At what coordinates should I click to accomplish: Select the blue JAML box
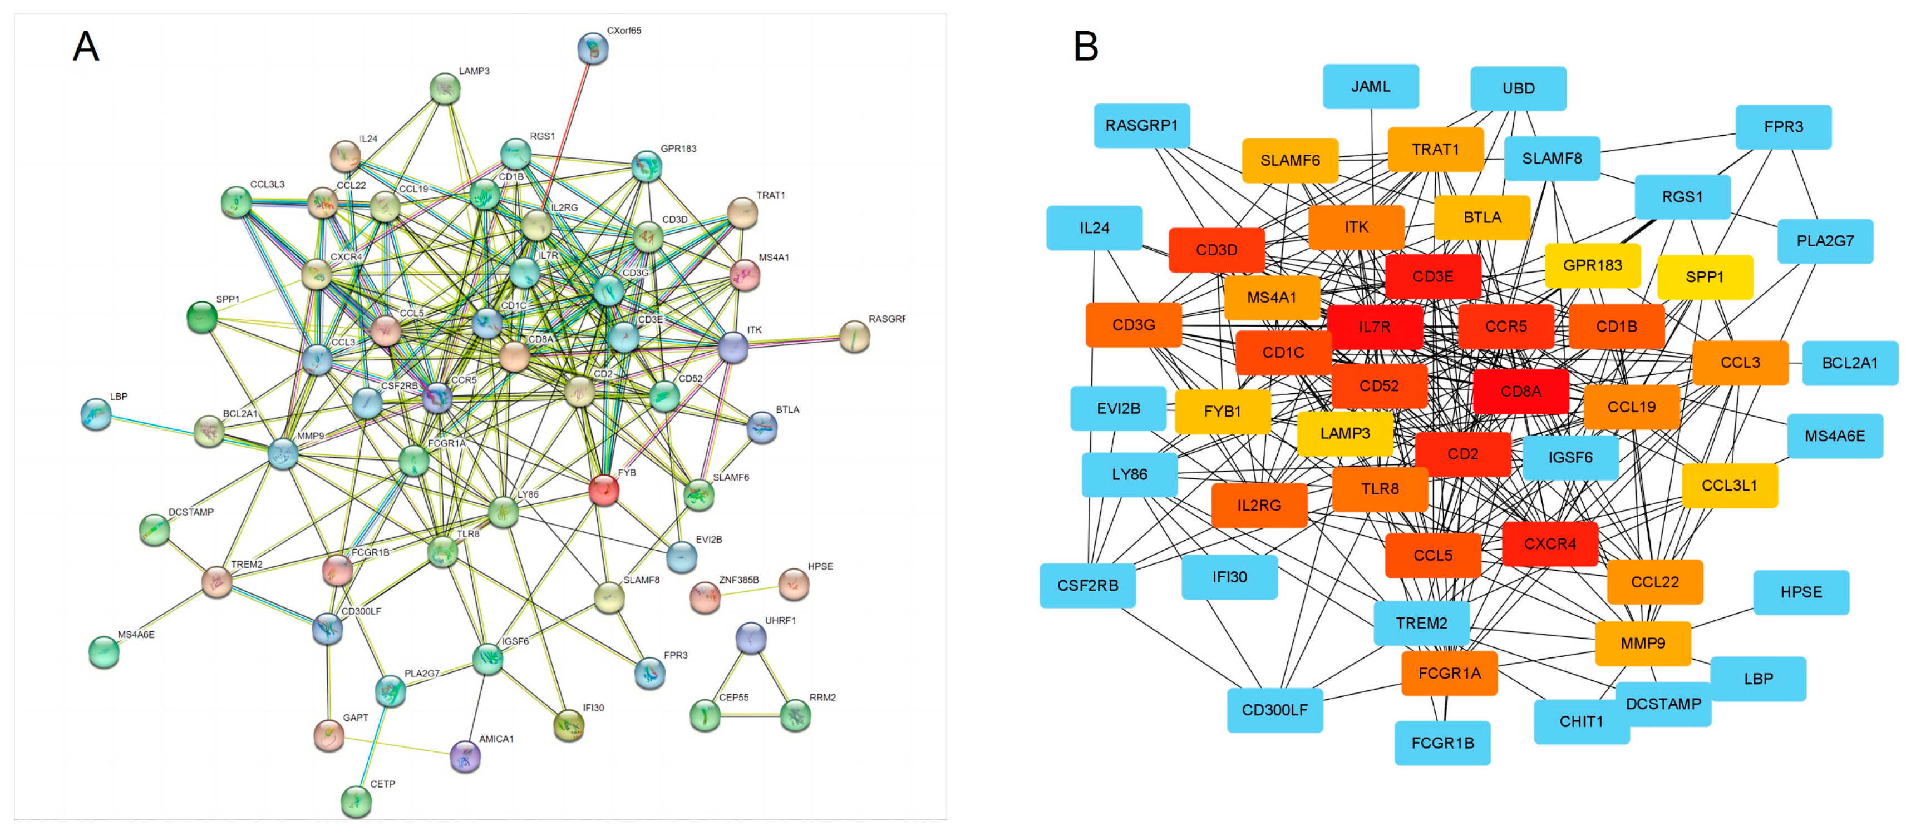pyautogui.click(x=1370, y=87)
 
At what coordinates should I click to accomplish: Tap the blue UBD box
pyautogui.click(x=1518, y=89)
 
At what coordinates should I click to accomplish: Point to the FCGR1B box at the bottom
pyautogui.click(x=1441, y=743)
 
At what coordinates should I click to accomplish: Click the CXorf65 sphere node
pyautogui.click(x=593, y=49)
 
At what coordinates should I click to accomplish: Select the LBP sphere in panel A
pyautogui.click(x=96, y=414)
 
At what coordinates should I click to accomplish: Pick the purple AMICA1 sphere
pyautogui.click(x=466, y=756)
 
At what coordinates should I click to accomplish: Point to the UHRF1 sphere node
pyautogui.click(x=751, y=638)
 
